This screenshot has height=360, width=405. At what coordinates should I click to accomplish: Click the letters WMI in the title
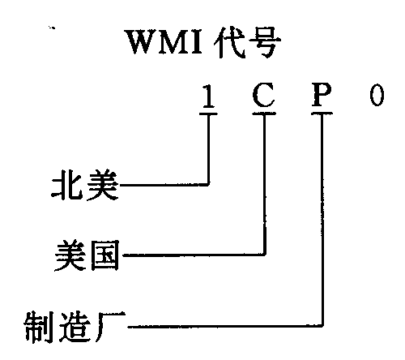coord(165,42)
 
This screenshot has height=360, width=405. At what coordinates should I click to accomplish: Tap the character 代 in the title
coord(229,42)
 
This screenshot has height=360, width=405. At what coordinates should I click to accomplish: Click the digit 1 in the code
coord(208,96)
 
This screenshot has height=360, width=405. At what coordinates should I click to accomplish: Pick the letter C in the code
coord(264,95)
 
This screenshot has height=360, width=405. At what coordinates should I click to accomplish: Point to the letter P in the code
coord(322,95)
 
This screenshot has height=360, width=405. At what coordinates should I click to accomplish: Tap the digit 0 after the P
coord(377,95)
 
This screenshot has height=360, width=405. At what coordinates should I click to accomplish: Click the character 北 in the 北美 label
coord(67,185)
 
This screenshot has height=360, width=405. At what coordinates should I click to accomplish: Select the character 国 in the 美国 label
coord(104,255)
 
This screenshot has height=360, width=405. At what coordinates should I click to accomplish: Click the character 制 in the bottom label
coord(39,327)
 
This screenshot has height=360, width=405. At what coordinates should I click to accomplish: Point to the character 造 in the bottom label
coord(75,327)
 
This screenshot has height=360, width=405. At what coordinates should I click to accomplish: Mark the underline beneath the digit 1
coord(208,114)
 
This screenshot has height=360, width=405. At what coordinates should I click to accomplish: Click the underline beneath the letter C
coord(264,114)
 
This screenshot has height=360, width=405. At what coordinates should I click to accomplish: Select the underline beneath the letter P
coord(322,114)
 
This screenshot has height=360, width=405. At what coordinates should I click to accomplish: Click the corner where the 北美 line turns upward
coord(208,185)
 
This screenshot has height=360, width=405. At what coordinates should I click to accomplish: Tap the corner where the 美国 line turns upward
coord(265,255)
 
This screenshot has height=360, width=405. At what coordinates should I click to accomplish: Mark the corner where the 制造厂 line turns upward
coord(322,326)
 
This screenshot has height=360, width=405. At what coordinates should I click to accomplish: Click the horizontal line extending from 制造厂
coord(224,327)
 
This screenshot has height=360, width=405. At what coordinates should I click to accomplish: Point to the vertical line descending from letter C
coord(265,185)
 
